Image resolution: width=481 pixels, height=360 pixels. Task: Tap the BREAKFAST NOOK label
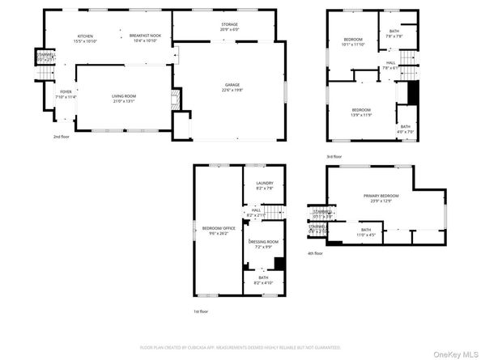tap(146, 36)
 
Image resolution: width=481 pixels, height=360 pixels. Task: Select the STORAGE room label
tap(229, 24)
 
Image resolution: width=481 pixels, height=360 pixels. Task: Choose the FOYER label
tap(66, 91)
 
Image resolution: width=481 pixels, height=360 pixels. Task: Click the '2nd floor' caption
tap(62, 137)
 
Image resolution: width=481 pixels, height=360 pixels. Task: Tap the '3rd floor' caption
tap(334, 156)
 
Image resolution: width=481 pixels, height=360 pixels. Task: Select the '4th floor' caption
tap(315, 253)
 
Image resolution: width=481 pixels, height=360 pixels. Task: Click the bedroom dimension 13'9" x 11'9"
tap(360, 114)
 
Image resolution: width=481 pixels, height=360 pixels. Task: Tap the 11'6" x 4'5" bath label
tap(366, 235)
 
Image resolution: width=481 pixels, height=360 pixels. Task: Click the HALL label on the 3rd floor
tap(390, 62)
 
